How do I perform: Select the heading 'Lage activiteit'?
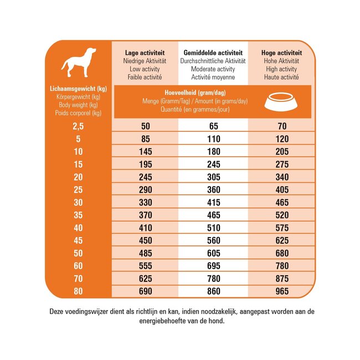pyautogui.click(x=145, y=53)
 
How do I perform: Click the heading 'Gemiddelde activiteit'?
pyautogui.click(x=213, y=53)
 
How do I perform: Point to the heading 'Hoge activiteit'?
pyautogui.click(x=281, y=53)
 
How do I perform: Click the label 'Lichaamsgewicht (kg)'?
pyautogui.click(x=78, y=89)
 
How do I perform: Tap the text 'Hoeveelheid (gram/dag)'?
pyautogui.click(x=196, y=92)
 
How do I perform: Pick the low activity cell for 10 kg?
pyautogui.click(x=145, y=151)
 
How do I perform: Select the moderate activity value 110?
pyautogui.click(x=213, y=139)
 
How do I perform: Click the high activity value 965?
pyautogui.click(x=281, y=291)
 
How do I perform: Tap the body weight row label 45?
pyautogui.click(x=78, y=240)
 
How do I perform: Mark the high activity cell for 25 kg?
pyautogui.click(x=281, y=189)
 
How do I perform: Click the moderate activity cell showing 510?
pyautogui.click(x=213, y=228)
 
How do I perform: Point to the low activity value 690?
pyautogui.click(x=145, y=291)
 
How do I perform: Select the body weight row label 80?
pyautogui.click(x=78, y=291)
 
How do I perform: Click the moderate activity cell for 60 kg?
pyautogui.click(x=213, y=265)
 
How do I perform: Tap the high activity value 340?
pyautogui.click(x=281, y=177)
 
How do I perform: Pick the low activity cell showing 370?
pyautogui.click(x=145, y=215)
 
